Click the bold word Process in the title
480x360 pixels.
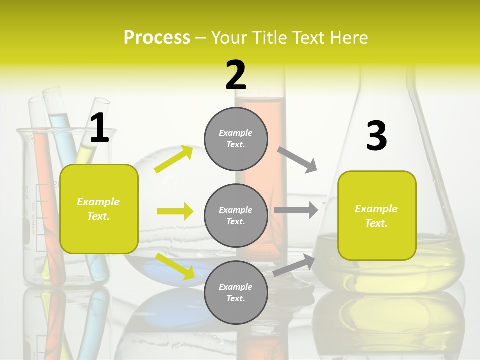157,37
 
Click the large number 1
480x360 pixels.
99,128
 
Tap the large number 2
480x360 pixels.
236,75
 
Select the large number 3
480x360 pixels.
376,136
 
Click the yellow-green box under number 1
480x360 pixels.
99,209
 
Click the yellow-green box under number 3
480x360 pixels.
377,216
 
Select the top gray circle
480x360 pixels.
236,138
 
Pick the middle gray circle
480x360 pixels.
236,215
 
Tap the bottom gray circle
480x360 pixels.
236,292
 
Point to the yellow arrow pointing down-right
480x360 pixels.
175,266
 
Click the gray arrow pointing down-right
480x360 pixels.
297,160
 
